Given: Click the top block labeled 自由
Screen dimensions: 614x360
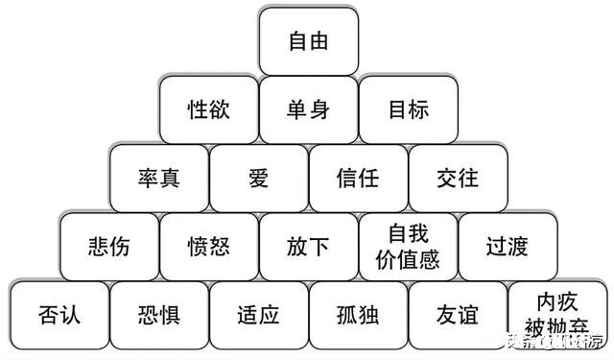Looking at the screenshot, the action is [x=308, y=41].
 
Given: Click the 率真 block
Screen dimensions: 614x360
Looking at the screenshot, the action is [x=158, y=178].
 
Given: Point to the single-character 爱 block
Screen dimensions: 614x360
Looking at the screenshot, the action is [x=258, y=178].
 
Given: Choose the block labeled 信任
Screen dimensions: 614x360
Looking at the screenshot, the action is [x=358, y=178].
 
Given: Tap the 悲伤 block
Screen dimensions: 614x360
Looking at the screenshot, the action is [x=108, y=246].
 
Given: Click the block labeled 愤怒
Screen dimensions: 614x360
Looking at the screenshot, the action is [x=208, y=246].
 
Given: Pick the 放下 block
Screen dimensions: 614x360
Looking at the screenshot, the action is [x=308, y=246].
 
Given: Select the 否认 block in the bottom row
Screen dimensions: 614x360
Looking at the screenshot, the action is [x=59, y=314].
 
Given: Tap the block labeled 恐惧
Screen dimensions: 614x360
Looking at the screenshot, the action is [x=158, y=314].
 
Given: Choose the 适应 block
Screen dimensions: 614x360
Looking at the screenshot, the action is [x=258, y=314].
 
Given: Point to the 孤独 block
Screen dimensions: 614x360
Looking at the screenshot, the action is [x=358, y=314].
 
